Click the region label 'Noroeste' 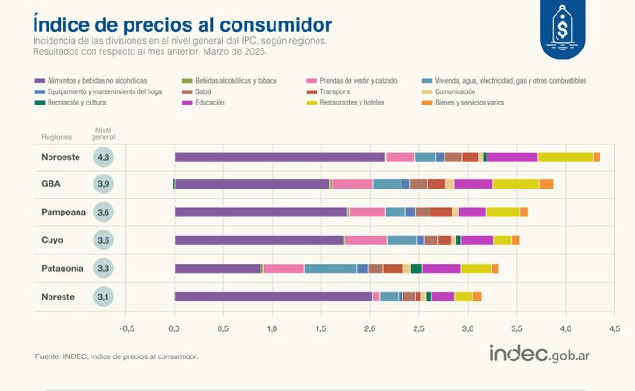pos(62,157)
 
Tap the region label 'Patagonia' pos(63,269)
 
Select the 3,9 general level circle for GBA pos(105,185)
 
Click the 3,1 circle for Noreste pos(105,297)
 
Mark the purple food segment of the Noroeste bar pos(279,157)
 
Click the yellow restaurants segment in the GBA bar pos(515,185)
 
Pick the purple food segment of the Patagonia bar pos(217,269)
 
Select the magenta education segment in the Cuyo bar pos(477,241)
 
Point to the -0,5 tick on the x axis pos(127,328)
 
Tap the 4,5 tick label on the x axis pos(614,328)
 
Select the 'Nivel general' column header pos(105,133)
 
